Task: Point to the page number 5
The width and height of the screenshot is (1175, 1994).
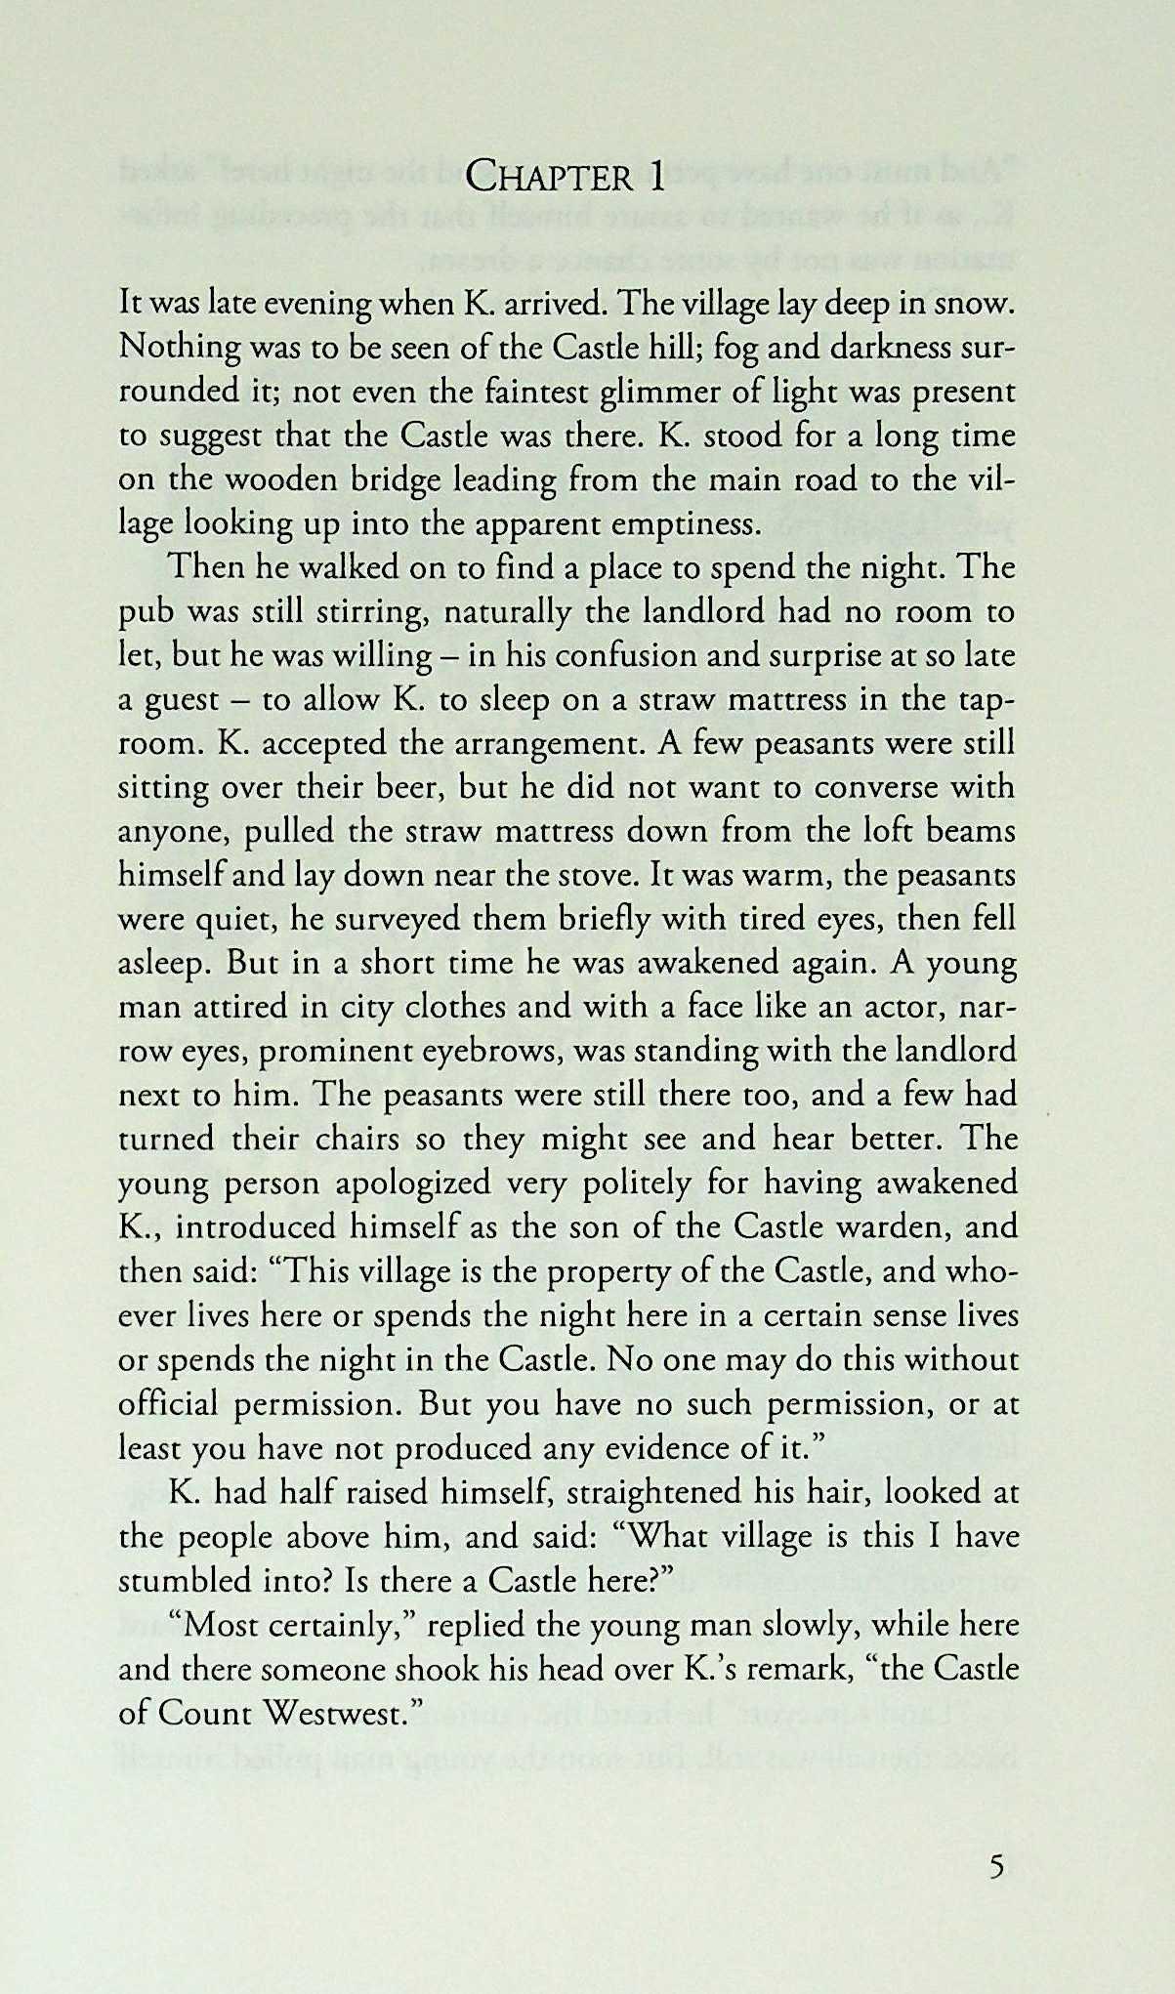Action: click(996, 1868)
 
